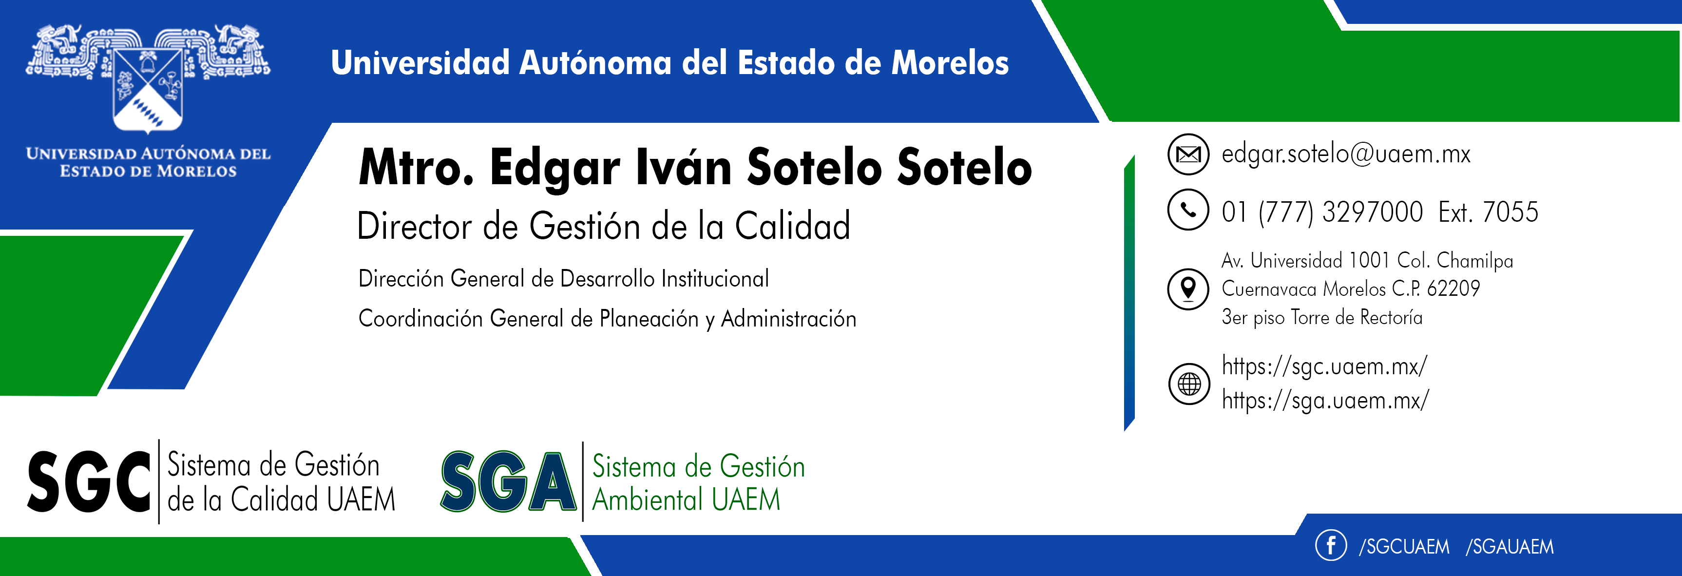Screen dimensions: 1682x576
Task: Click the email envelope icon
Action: [1188, 154]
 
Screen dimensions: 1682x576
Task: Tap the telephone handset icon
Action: [1188, 210]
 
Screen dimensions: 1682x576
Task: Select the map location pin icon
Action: [1188, 288]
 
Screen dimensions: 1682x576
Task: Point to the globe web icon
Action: [1189, 384]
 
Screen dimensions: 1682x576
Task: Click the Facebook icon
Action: [1331, 545]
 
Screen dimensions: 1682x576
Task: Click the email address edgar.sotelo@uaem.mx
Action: [1346, 154]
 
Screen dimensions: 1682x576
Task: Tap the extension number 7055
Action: [1510, 211]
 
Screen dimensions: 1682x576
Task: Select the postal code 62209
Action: [1453, 288]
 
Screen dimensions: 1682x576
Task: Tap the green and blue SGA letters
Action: [508, 482]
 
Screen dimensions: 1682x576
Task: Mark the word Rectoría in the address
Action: [1391, 317]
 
